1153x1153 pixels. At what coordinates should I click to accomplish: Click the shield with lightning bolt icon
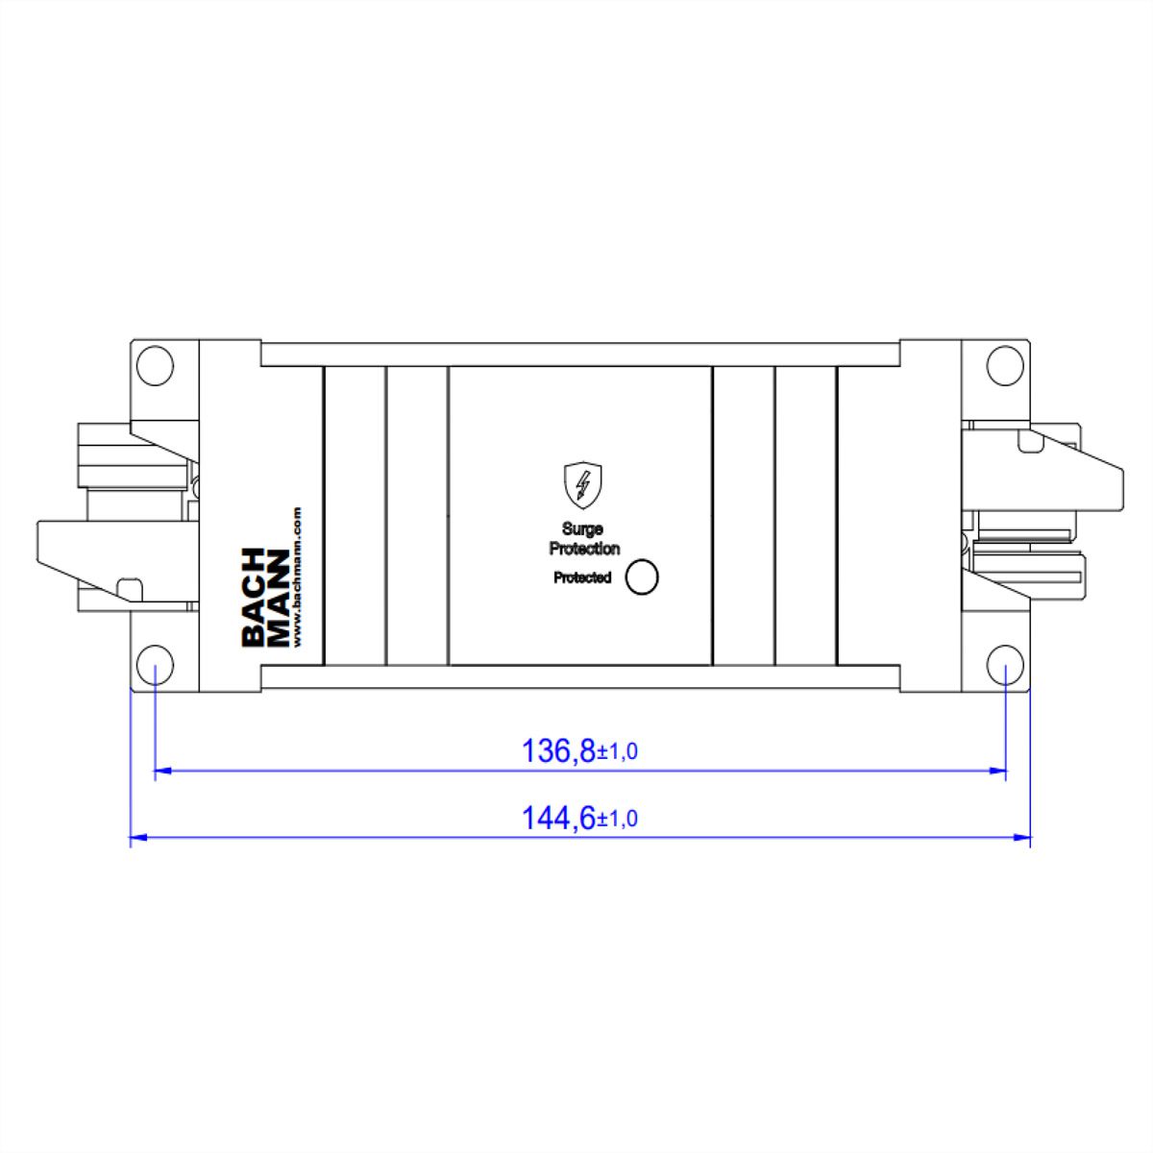pyautogui.click(x=583, y=484)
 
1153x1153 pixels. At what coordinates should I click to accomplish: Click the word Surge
pyautogui.click(x=582, y=528)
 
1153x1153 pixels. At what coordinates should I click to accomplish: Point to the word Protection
pyautogui.click(x=584, y=548)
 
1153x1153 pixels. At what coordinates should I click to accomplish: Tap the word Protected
pyautogui.click(x=582, y=577)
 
